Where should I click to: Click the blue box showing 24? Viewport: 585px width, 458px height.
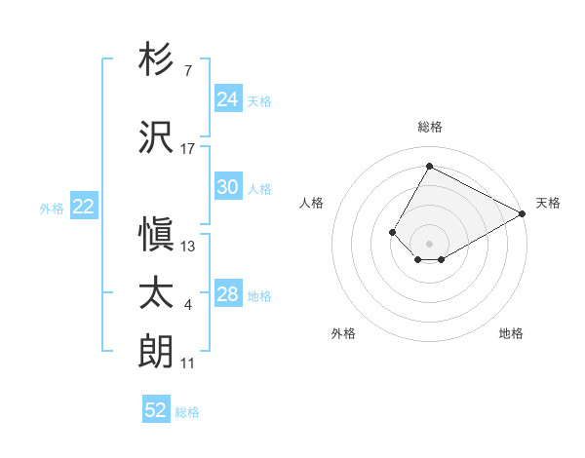(x=227, y=98)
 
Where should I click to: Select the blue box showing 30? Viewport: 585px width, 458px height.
(x=227, y=187)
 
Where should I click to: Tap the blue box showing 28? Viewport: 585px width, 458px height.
(x=227, y=294)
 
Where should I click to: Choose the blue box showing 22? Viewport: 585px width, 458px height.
(x=83, y=206)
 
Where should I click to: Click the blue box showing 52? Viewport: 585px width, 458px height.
(x=156, y=410)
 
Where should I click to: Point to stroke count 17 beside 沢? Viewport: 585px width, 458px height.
(x=188, y=148)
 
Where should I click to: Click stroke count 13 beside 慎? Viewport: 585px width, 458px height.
(x=188, y=246)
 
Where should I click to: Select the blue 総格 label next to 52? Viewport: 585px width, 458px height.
(x=187, y=412)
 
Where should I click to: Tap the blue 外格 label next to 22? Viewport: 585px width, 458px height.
(x=52, y=208)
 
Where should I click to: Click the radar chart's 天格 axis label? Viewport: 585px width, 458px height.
(x=548, y=203)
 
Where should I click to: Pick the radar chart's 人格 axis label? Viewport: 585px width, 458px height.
(x=312, y=203)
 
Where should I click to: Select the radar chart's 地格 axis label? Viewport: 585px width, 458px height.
(x=511, y=333)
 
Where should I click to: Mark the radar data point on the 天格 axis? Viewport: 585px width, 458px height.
(x=523, y=213)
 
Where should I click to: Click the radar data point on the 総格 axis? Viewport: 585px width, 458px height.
(x=429, y=166)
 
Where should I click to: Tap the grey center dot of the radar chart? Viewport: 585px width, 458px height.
(x=429, y=243)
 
